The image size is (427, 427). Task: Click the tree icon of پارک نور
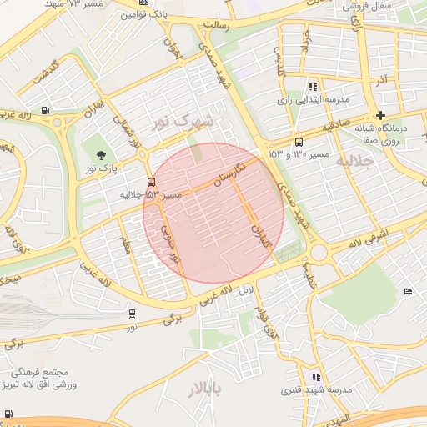(x=102, y=155)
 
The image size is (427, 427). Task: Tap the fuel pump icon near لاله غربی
(x=43, y=110)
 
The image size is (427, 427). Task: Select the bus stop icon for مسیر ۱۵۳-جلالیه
(x=151, y=181)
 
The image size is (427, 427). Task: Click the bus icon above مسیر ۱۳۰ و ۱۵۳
(x=299, y=141)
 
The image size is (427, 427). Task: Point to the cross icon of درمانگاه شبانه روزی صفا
(x=381, y=115)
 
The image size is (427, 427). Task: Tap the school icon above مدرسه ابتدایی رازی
(x=313, y=86)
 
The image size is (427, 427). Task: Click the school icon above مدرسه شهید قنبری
(x=315, y=377)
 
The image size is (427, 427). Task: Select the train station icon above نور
(x=133, y=314)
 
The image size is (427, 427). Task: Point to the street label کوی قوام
(x=268, y=321)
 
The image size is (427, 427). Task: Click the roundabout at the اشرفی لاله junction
(x=318, y=253)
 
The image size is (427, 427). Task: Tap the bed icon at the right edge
(x=407, y=291)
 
